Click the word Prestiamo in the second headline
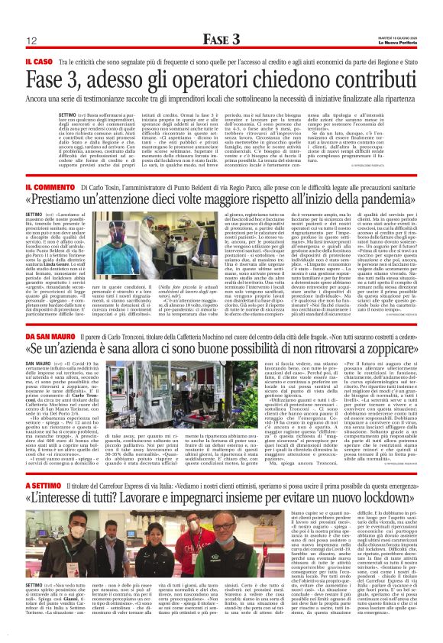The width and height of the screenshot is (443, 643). (x=66, y=202)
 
